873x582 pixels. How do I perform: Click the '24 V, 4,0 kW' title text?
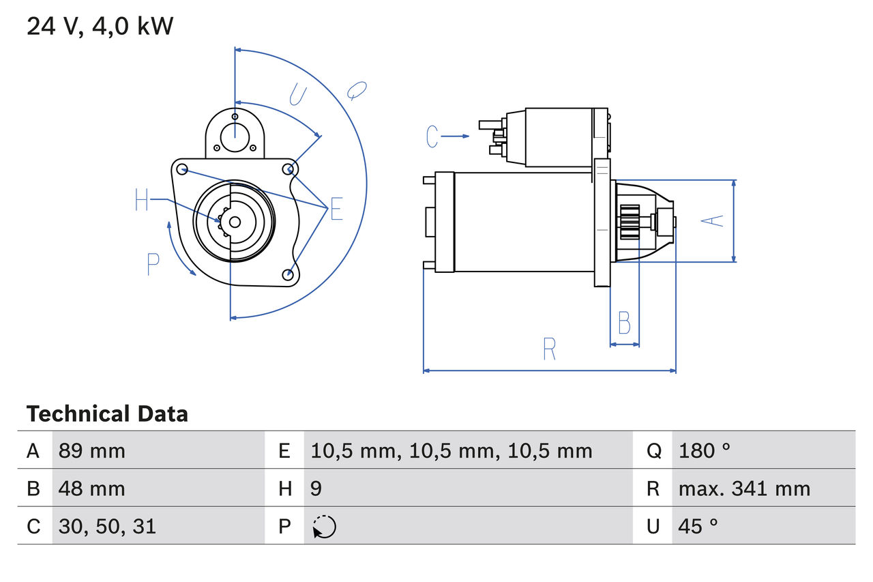coord(100,27)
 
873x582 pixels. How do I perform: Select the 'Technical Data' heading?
coord(107,413)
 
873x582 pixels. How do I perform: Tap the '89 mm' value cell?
coord(92,450)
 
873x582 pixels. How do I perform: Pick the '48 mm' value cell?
coord(92,489)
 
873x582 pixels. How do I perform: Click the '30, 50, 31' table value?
coord(107,526)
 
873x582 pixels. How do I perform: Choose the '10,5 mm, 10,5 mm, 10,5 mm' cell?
coord(452,450)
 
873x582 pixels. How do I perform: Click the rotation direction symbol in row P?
coord(324,527)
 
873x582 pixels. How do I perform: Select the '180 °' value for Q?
coord(705,450)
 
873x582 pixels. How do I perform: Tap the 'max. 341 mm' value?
coord(744,489)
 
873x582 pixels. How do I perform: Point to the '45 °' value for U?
coord(698,526)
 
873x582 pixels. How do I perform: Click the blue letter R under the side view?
coord(550,349)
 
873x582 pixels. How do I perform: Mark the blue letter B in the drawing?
coord(624,323)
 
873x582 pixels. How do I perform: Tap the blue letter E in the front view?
coord(336,210)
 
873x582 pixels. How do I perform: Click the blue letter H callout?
coord(141,200)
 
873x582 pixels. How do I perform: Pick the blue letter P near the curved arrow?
coord(153,264)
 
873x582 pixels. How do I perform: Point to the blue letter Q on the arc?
coord(356,89)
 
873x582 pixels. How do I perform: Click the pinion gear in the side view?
coord(630,222)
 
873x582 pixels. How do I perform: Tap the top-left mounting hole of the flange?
coord(182,169)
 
